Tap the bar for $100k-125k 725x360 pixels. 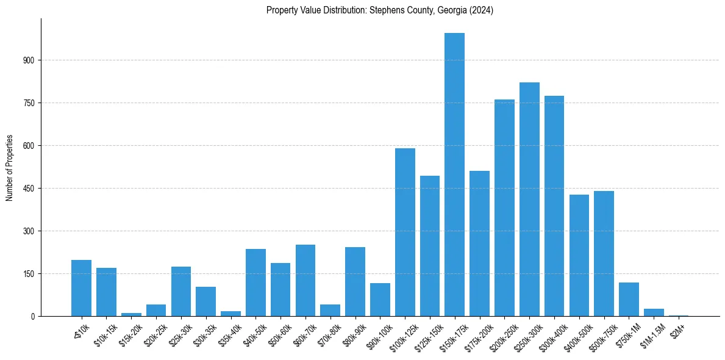tap(405, 232)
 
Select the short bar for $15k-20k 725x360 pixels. tap(131, 314)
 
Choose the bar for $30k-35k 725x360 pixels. tap(205, 301)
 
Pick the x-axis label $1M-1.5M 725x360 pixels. tap(653, 334)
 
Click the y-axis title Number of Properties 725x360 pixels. tap(9, 167)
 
